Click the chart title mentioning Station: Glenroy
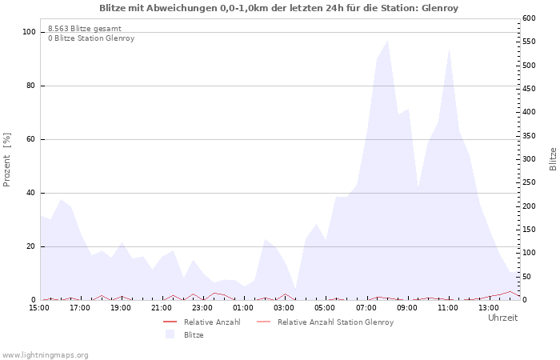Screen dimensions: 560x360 click(x=278, y=8)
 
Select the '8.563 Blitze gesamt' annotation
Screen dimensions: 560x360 click(x=85, y=29)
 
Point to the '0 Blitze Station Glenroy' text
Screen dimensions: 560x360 click(x=91, y=38)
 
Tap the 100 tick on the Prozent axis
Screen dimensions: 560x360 click(x=29, y=32)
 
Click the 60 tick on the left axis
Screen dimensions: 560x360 click(x=30, y=139)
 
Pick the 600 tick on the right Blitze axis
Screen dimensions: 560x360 click(x=529, y=18)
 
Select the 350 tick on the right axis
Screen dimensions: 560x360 click(x=529, y=136)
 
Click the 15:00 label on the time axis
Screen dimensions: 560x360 click(x=39, y=308)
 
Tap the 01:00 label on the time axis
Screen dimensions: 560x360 click(x=243, y=308)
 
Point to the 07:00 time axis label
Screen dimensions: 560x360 click(x=366, y=308)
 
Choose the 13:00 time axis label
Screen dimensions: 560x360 click(x=489, y=308)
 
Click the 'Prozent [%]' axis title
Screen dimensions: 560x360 click(x=6, y=160)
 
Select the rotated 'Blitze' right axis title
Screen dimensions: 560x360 click(x=553, y=159)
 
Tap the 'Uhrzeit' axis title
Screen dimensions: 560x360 click(x=503, y=318)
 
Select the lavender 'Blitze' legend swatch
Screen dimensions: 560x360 click(x=170, y=334)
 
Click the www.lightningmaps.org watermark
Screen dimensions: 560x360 click(x=45, y=355)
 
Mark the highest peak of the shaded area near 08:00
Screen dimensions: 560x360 click(x=387, y=41)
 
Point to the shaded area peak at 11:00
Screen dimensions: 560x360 click(x=449, y=50)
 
